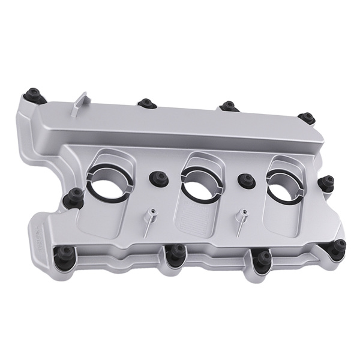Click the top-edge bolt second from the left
pos(144,103)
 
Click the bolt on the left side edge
pos(76,194)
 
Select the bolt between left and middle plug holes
pos(159,178)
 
